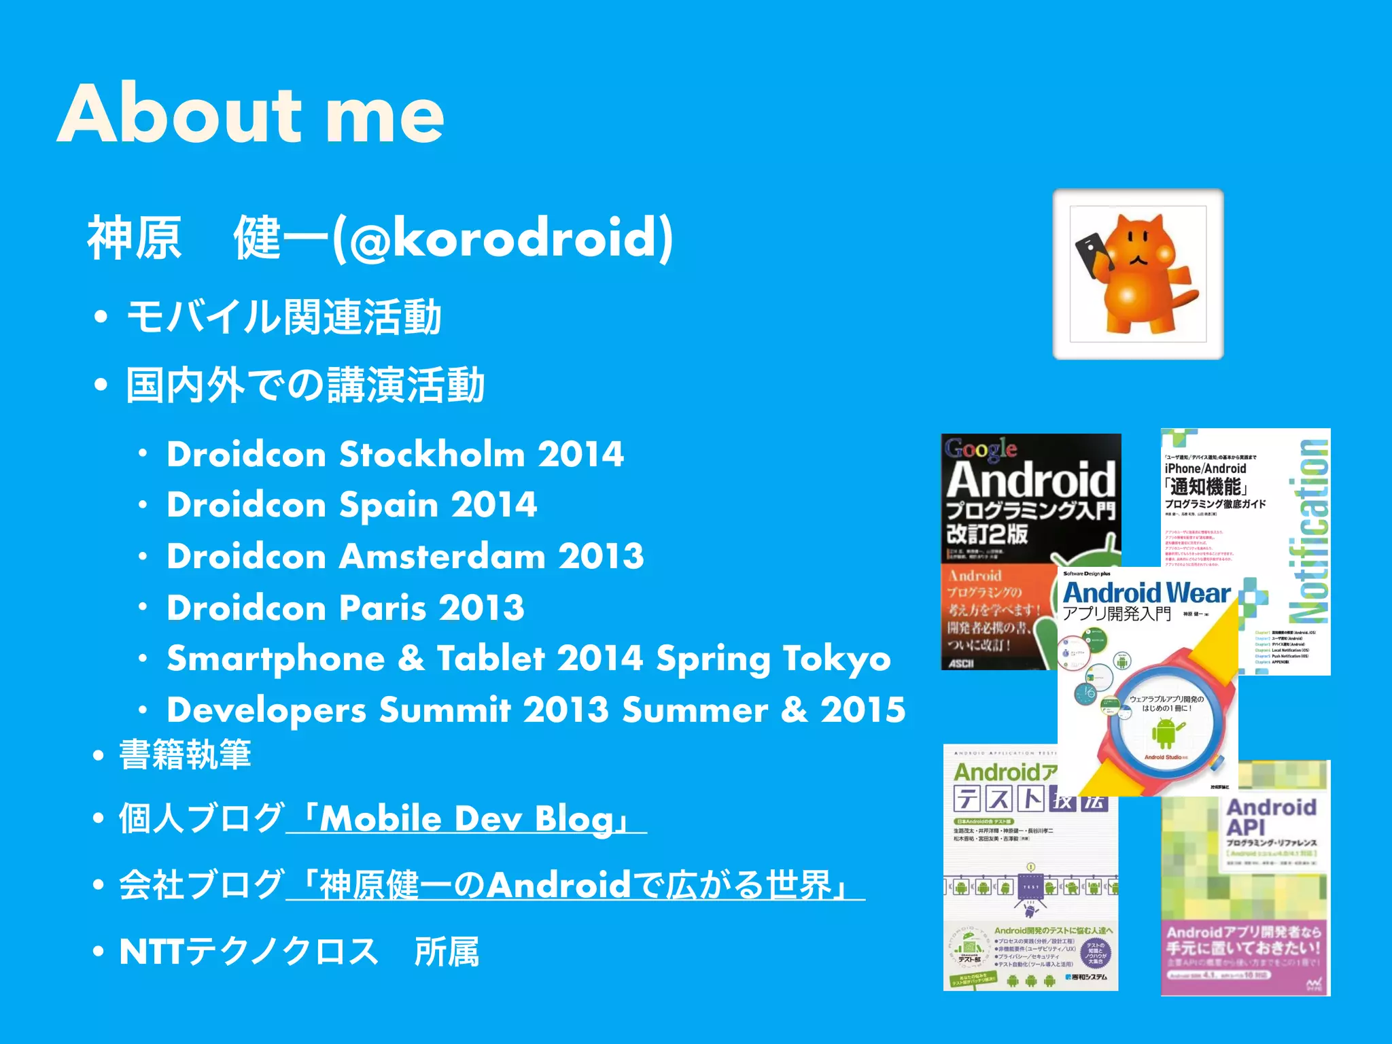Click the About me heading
tap(250, 114)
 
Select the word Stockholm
tap(432, 454)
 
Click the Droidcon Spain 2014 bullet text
tap(352, 505)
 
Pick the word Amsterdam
tap(442, 556)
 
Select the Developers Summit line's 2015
tap(863, 710)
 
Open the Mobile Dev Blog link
tap(466, 818)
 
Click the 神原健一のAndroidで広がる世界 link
tap(575, 885)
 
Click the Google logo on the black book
tap(980, 449)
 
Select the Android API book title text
tap(1270, 817)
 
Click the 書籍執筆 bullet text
tap(185, 754)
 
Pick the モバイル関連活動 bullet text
tap(284, 317)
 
